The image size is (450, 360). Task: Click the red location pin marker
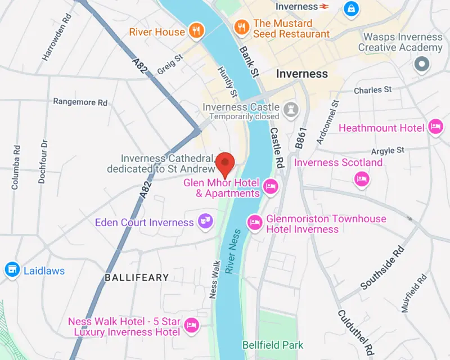226,164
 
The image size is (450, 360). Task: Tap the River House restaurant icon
196,31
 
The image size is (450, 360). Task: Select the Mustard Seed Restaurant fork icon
241,26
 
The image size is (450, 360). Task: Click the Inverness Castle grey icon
290,107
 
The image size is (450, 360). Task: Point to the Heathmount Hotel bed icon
435,127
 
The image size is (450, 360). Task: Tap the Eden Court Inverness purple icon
205,222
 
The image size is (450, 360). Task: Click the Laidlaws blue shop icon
11,270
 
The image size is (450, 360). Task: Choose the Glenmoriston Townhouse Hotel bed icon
255,222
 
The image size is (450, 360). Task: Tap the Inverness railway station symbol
324,7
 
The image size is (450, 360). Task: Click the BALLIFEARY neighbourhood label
137,277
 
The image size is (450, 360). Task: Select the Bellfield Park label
272,345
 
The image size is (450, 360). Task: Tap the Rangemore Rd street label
80,102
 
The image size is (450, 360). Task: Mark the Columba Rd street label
16,167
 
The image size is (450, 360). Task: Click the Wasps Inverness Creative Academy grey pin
421,64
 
